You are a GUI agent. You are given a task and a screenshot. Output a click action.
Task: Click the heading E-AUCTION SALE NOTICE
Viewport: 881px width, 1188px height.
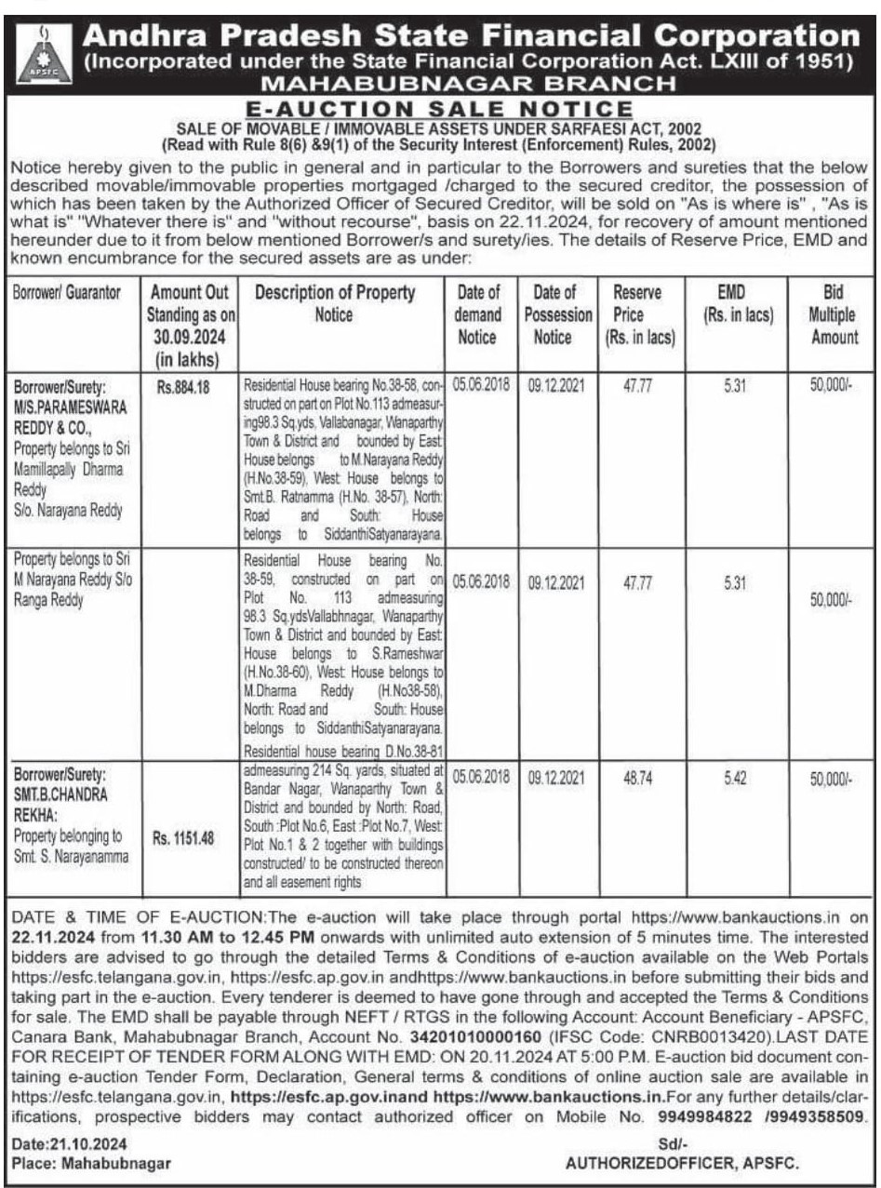pyautogui.click(x=439, y=110)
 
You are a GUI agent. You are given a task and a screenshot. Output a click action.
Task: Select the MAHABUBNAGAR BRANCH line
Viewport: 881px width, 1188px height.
pyautogui.click(x=440, y=85)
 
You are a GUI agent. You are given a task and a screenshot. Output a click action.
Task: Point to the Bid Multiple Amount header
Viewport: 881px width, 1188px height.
pyautogui.click(x=834, y=314)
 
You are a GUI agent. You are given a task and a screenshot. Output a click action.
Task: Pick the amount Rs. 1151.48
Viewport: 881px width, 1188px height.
pyautogui.click(x=183, y=836)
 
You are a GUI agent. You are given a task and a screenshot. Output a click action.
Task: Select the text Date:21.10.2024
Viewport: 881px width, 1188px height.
pyautogui.click(x=70, y=1143)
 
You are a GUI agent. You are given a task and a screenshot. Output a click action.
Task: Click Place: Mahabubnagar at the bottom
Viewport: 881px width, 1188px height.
pyautogui.click(x=91, y=1163)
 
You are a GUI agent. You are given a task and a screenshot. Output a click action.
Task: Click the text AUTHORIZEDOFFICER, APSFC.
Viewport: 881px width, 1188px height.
pyautogui.click(x=683, y=1163)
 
